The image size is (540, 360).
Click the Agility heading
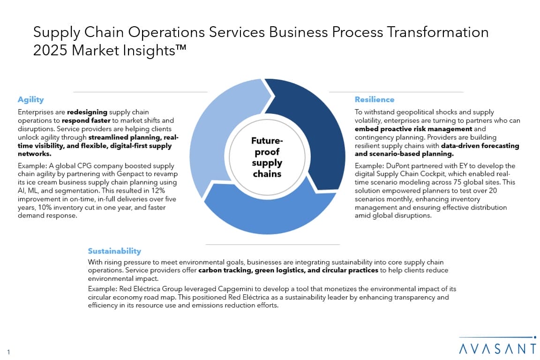tap(30, 99)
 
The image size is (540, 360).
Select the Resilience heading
tap(375, 99)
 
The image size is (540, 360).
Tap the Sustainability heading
tap(114, 251)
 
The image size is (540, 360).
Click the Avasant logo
tap(498, 346)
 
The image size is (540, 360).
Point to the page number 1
tap(8, 352)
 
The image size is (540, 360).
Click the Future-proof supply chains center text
tap(267, 157)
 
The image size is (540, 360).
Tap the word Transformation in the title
tap(438, 32)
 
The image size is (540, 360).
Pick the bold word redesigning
tap(87, 112)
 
